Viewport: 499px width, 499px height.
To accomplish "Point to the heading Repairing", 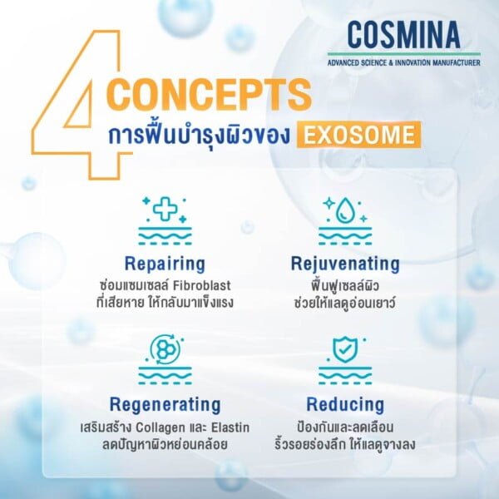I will [165, 264].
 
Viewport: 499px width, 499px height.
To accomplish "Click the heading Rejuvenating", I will [345, 264].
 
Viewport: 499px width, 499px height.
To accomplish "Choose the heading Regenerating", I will [165, 405].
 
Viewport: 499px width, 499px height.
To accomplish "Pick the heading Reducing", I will [345, 405].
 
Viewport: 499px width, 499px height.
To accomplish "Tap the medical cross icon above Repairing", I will [165, 209].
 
